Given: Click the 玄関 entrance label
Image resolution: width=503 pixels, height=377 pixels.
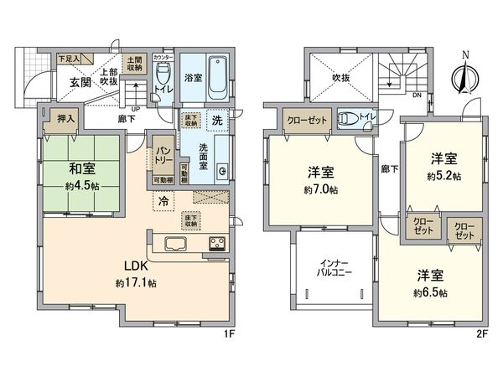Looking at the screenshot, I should [x=80, y=82].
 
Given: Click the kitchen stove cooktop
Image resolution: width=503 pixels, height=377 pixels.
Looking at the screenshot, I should [x=217, y=245].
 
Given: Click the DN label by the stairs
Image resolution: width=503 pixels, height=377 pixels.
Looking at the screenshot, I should [x=417, y=95].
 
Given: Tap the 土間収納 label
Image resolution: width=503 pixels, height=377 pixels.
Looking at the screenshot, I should [x=133, y=63].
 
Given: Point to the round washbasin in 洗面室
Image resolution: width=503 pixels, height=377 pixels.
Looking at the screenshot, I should [x=222, y=172].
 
